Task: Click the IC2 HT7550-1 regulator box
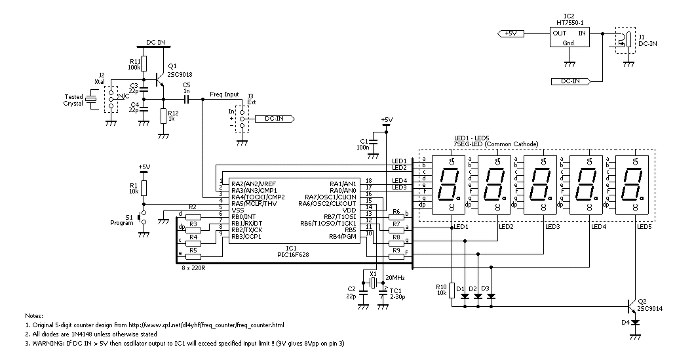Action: click(x=569, y=37)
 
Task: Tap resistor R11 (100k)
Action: click(x=144, y=64)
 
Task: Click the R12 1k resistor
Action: click(x=163, y=116)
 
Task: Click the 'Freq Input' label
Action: click(x=224, y=94)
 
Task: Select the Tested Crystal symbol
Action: click(x=92, y=100)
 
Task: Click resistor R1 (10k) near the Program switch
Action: click(x=144, y=188)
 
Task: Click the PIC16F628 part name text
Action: click(x=291, y=254)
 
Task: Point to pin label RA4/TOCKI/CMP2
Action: click(x=258, y=197)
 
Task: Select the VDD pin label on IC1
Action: click(x=349, y=210)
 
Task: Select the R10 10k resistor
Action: click(x=452, y=290)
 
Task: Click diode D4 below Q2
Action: click(x=636, y=323)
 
